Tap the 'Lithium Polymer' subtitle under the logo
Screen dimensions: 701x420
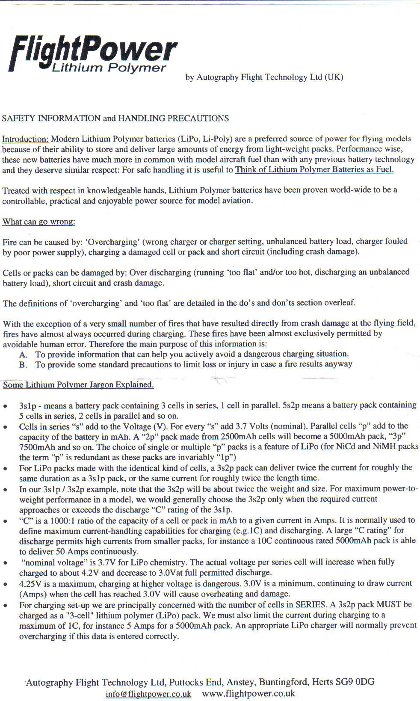tap(109, 68)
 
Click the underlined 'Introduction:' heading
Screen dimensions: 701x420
tap(25, 139)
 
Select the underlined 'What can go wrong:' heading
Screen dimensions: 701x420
tap(38, 222)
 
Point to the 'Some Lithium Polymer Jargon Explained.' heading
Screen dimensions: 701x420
tap(78, 385)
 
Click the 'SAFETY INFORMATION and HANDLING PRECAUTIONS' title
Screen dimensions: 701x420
tap(115, 118)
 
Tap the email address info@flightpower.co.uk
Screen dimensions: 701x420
tap(148, 694)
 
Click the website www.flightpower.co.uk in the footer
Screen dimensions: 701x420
tap(248, 693)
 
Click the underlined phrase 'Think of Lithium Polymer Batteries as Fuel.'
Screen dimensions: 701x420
tap(314, 169)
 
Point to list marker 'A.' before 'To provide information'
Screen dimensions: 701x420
tap(23, 355)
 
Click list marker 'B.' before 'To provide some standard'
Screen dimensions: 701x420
tap(23, 365)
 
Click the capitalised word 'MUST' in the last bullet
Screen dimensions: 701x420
tap(389, 604)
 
